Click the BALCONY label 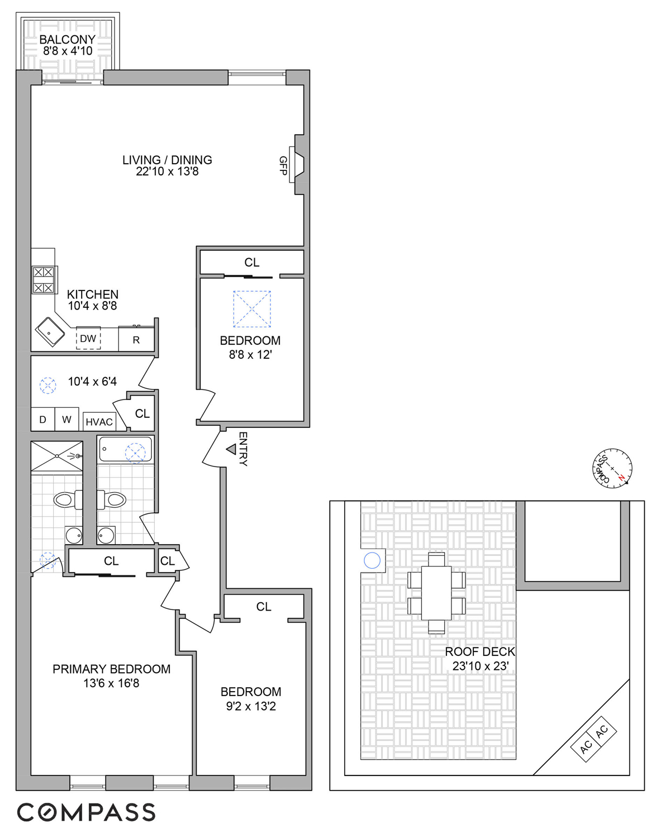coord(67,40)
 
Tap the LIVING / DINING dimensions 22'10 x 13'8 coord(167,172)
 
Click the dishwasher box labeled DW coord(88,339)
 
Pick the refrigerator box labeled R coord(136,340)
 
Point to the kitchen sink coord(51,331)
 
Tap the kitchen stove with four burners coord(44,280)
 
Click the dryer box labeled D coord(42,420)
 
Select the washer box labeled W coord(66,420)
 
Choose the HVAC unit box coord(99,422)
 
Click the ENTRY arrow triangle coord(231,449)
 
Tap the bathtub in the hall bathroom coord(125,450)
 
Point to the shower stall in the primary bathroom coord(56,456)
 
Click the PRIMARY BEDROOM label coord(111,669)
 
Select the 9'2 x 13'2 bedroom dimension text coord(251,706)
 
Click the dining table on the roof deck coord(436,593)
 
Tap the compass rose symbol coord(612,468)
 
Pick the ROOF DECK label coord(479,652)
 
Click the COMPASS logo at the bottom coord(86,812)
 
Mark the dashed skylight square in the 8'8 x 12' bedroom coord(252,309)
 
